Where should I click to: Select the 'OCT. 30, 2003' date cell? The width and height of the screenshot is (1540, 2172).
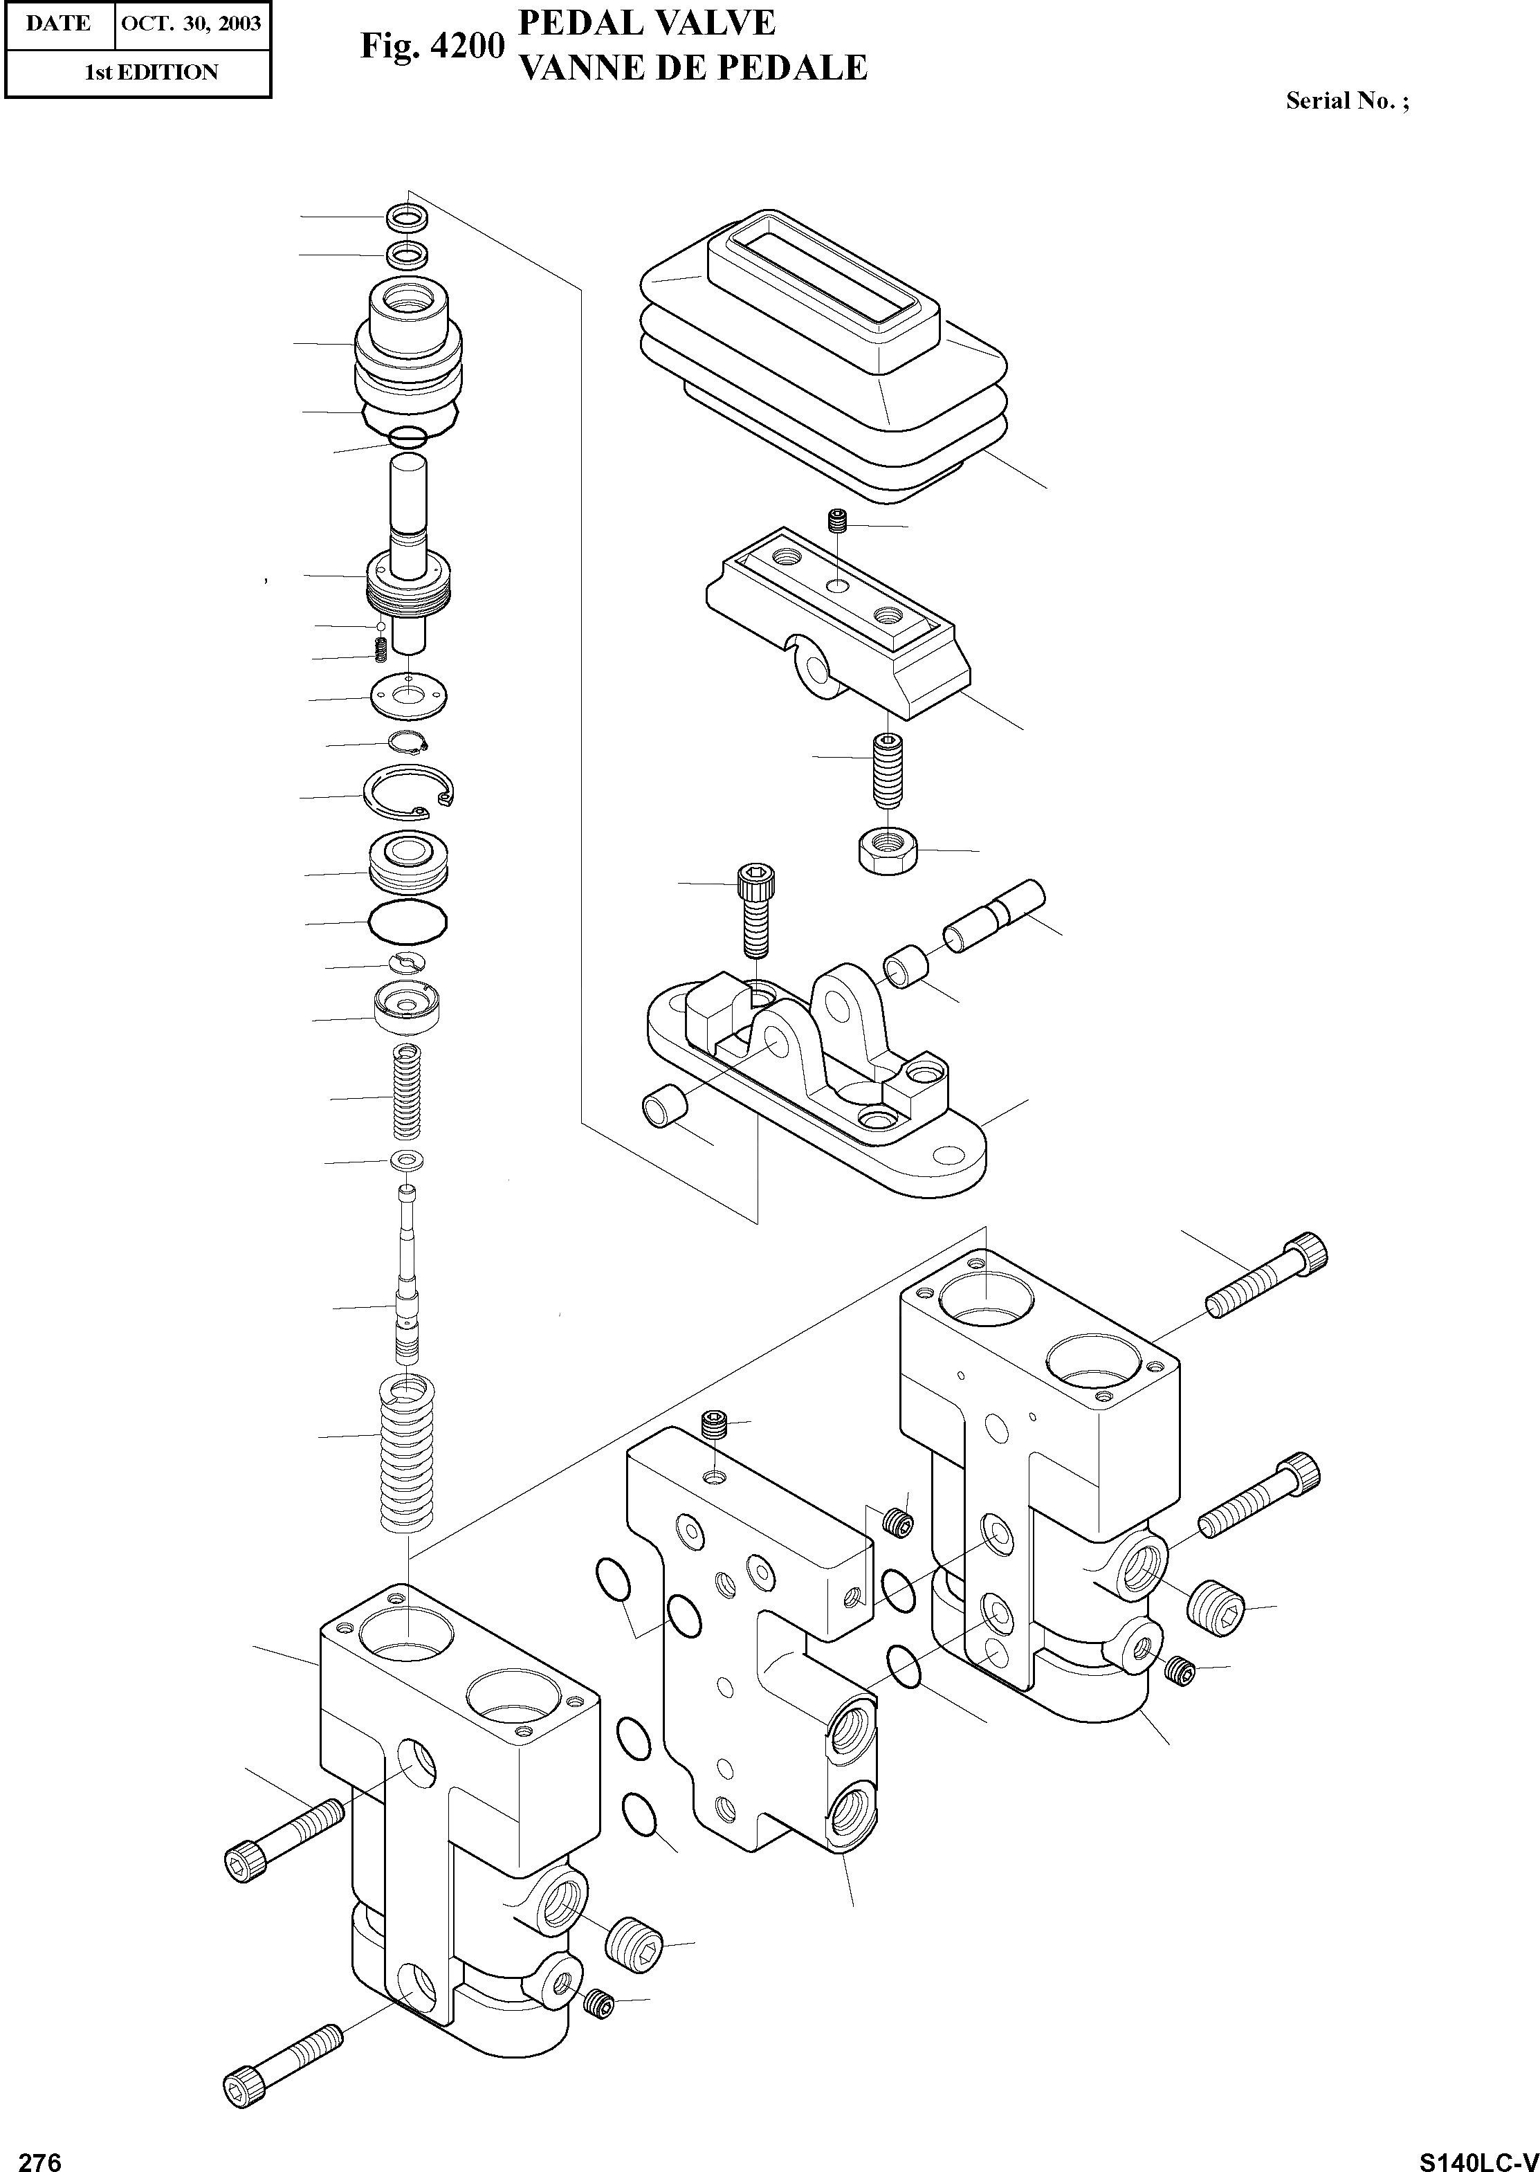click(192, 23)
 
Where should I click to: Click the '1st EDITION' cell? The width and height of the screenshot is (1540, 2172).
click(152, 72)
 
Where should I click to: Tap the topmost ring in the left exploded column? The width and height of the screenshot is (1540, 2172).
click(407, 217)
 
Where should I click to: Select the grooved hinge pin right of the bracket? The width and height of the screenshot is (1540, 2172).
click(993, 914)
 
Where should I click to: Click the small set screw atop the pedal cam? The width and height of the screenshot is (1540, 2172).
click(837, 521)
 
